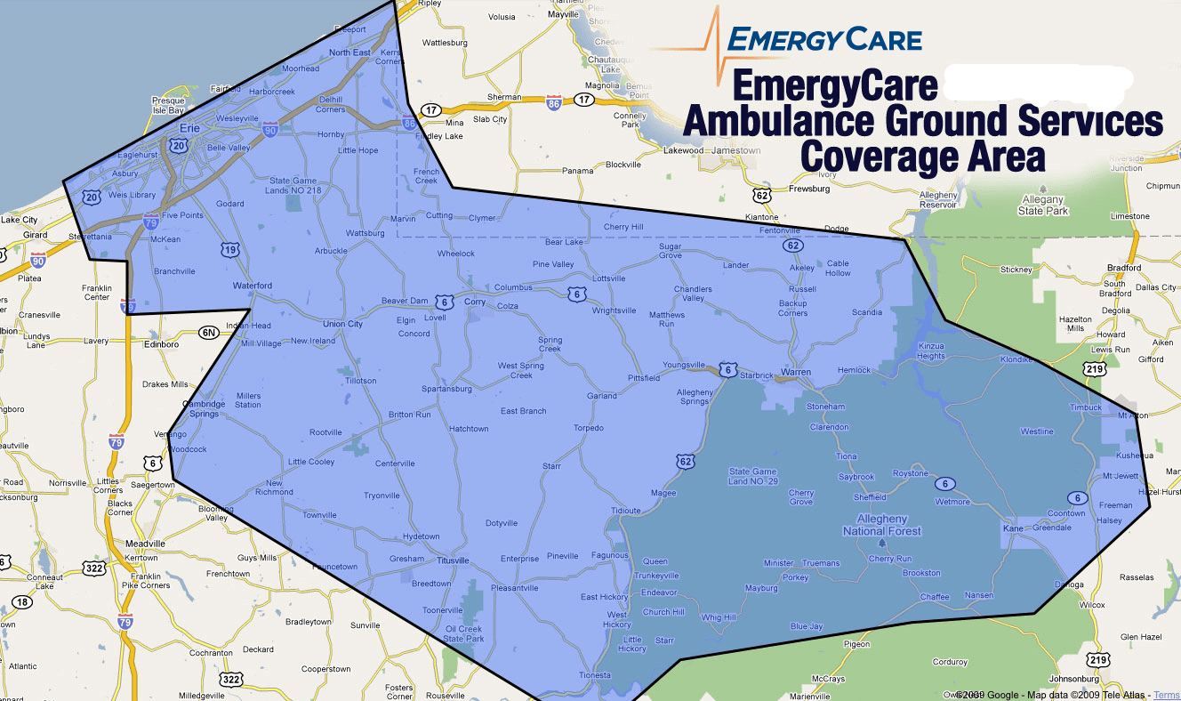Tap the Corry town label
pos(474,302)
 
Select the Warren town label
pos(796,372)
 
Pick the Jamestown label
pos(738,150)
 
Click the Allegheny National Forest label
pos(881,525)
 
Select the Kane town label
pos(1013,528)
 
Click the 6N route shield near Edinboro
pos(208,333)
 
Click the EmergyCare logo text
pos(823,39)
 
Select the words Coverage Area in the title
pos(922,156)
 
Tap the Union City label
pos(342,324)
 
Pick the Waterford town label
pos(252,286)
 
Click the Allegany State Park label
pos(1043,205)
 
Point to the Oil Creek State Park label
pos(463,633)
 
